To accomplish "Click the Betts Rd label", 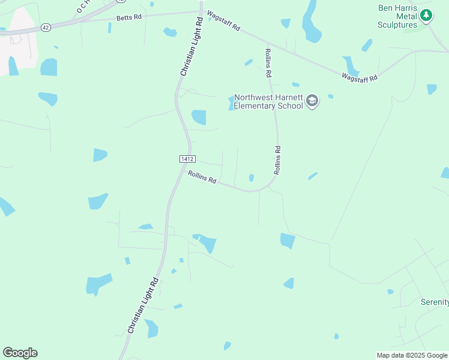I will click(129, 18).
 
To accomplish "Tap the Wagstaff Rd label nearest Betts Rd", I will click(223, 20).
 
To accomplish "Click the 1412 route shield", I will click(186, 158).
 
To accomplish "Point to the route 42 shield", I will click(46, 27).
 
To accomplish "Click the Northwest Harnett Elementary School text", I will click(269, 101).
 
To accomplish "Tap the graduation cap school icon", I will click(312, 101).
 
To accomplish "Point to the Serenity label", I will click(435, 301).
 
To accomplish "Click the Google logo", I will click(20, 353).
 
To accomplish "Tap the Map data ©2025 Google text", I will click(412, 355).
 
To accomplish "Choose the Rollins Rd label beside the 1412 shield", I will click(202, 178).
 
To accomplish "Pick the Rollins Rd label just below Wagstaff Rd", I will click(268, 62).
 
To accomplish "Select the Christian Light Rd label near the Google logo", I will click(143, 306).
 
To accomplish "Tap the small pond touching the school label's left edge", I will click(231, 103).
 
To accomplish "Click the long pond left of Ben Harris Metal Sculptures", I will click(311, 23).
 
